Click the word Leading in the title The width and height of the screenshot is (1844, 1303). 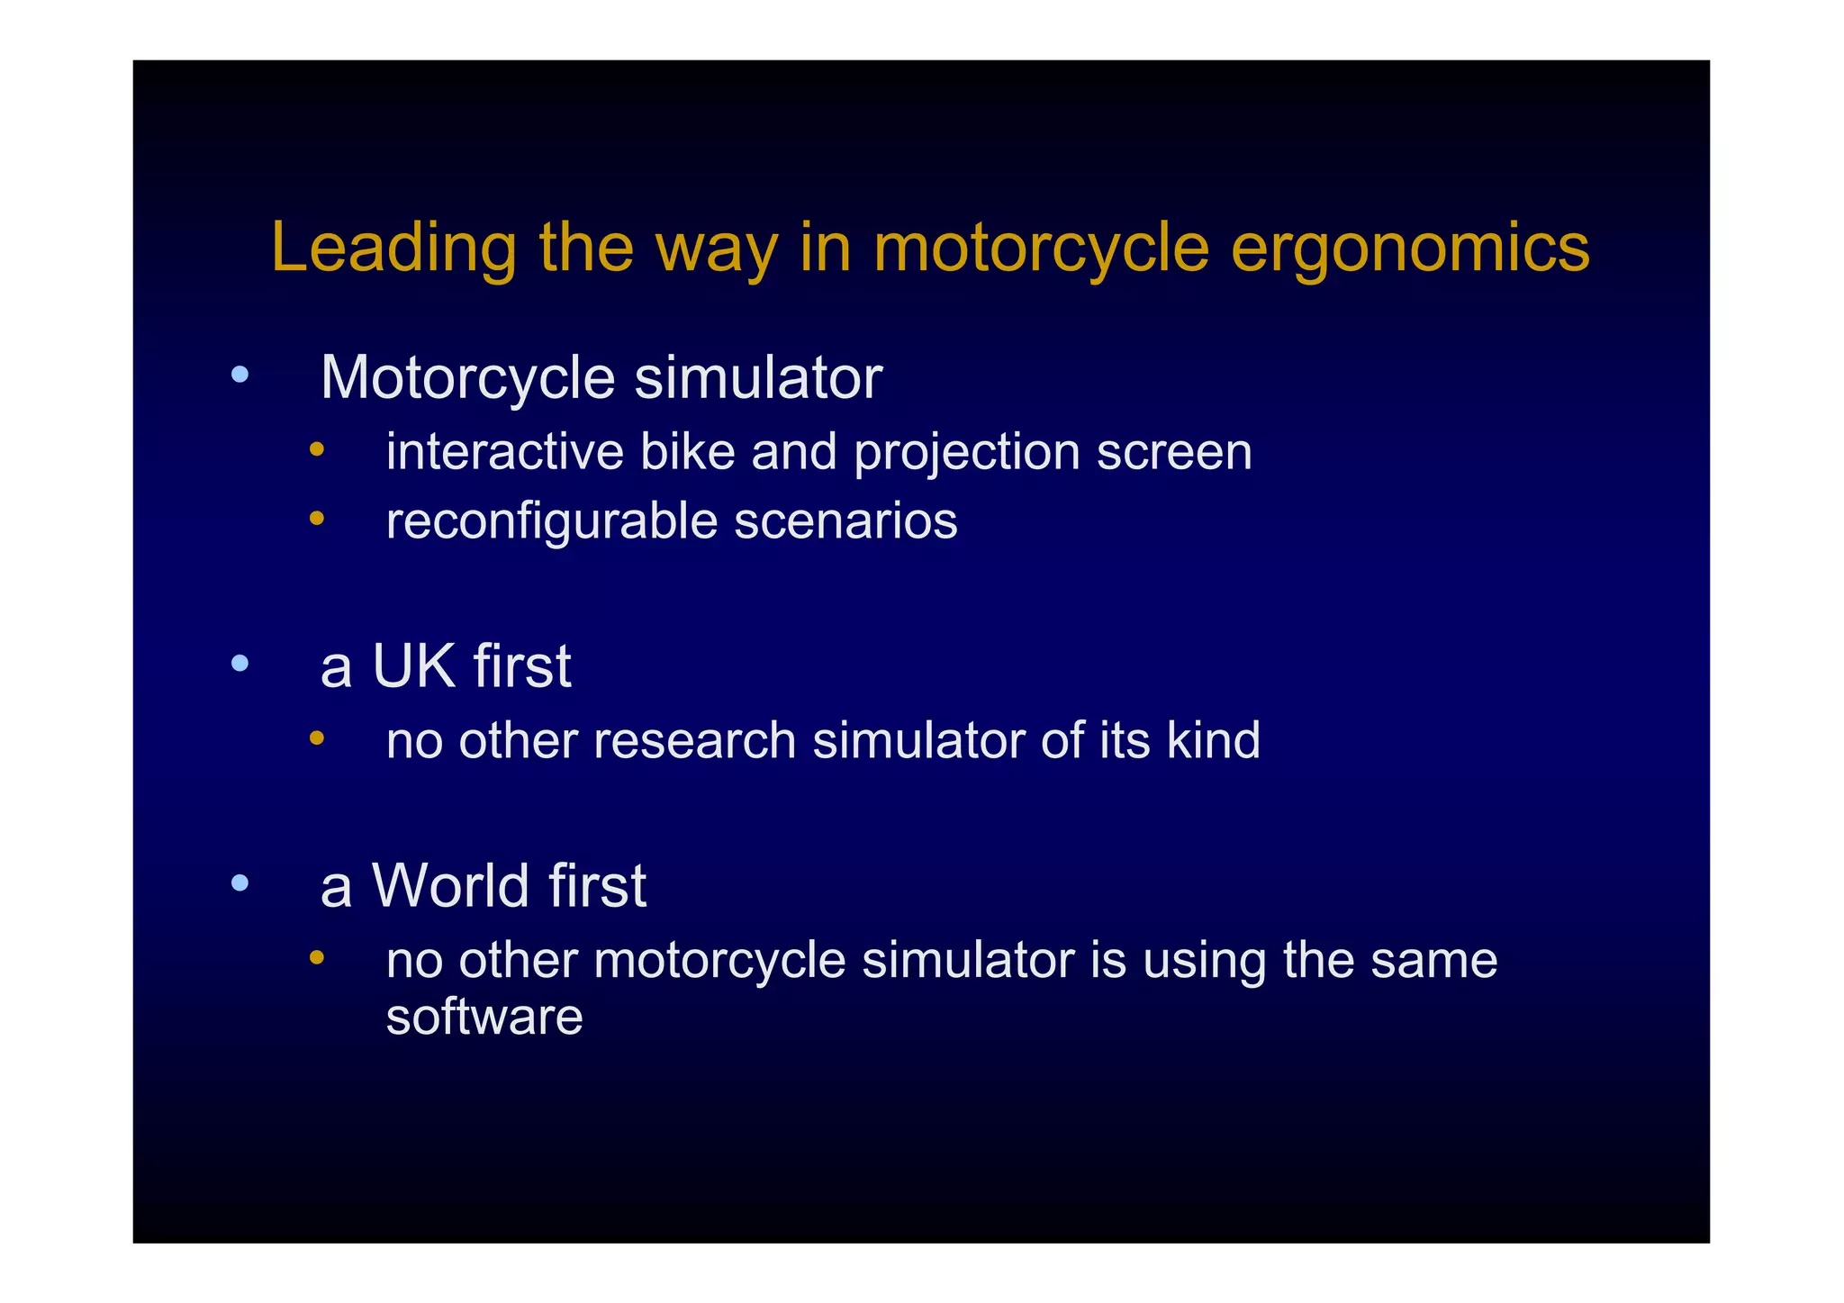tap(393, 247)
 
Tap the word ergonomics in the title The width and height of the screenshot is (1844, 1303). tap(1410, 249)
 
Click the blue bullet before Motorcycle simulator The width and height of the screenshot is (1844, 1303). tap(239, 375)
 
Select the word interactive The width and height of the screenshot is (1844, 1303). tap(504, 451)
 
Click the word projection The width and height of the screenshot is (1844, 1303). tap(967, 453)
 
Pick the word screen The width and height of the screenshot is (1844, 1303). tap(1174, 453)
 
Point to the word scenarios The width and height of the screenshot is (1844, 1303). tap(845, 521)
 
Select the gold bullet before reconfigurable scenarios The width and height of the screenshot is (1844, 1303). tap(316, 518)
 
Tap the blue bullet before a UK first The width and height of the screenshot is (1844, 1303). tap(239, 664)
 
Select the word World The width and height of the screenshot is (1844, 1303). tap(451, 885)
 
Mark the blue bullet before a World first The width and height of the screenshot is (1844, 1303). tap(239, 882)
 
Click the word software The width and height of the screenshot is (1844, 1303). tap(484, 1017)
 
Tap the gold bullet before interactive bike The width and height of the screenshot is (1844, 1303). tap(316, 448)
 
